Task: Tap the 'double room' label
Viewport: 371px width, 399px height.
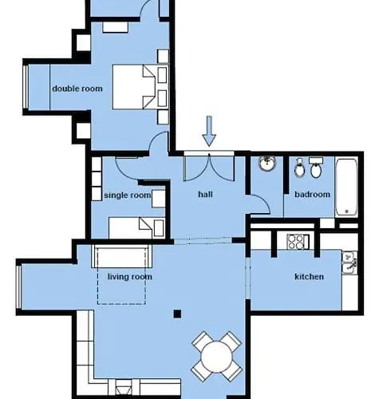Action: (x=77, y=89)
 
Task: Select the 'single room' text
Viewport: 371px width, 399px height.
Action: (x=127, y=195)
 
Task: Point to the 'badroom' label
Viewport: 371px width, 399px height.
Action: (x=312, y=194)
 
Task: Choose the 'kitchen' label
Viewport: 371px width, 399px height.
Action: (x=309, y=277)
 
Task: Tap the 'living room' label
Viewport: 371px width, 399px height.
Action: (x=129, y=277)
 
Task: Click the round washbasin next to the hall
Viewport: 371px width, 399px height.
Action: (x=267, y=166)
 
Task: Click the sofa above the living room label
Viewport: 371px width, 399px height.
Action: (x=122, y=257)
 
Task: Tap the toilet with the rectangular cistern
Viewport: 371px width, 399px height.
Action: (x=317, y=170)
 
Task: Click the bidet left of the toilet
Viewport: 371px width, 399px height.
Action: (x=298, y=170)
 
